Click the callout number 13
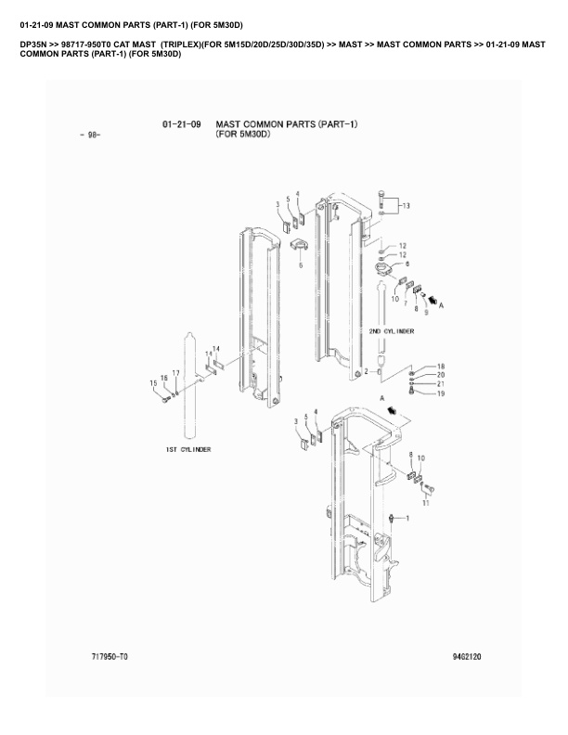click(x=406, y=205)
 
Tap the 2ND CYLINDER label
click(x=392, y=331)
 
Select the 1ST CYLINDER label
click(x=188, y=449)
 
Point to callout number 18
click(x=441, y=366)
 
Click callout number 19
click(x=441, y=393)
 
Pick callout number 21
click(x=441, y=384)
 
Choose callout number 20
click(x=441, y=375)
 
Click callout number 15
click(x=153, y=383)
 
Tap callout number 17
click(x=175, y=373)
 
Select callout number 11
click(x=425, y=503)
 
